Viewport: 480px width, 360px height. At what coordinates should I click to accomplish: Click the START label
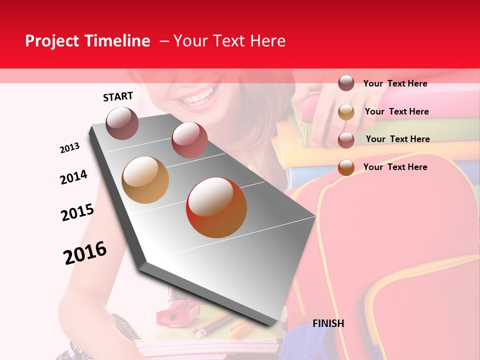[x=118, y=96]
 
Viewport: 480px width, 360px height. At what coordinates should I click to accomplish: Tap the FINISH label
[x=328, y=323]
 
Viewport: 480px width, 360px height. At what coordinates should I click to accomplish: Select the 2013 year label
[x=70, y=148]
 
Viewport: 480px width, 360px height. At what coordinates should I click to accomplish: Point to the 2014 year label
[x=73, y=177]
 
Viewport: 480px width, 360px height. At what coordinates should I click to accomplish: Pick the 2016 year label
[x=85, y=253]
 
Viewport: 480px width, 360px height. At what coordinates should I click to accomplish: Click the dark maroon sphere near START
[x=122, y=123]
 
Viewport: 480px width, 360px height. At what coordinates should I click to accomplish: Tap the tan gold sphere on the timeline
[x=145, y=180]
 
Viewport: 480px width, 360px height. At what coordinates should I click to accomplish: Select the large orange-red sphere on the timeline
[x=216, y=208]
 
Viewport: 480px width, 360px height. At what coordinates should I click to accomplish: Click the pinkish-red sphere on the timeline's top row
[x=189, y=139]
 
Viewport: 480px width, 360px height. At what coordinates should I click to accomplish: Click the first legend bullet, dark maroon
[x=346, y=83]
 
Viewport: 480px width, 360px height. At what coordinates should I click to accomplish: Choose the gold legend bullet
[x=346, y=111]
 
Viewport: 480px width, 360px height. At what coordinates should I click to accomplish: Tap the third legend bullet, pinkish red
[x=346, y=139]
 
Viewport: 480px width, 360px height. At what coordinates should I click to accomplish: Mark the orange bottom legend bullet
[x=346, y=167]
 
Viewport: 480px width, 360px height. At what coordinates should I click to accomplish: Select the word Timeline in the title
[x=118, y=41]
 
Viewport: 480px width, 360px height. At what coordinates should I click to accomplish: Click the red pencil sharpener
[x=171, y=315]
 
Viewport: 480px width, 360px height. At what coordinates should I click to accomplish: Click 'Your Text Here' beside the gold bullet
[x=396, y=111]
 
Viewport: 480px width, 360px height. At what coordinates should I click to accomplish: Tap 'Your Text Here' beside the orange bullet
[x=395, y=167]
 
